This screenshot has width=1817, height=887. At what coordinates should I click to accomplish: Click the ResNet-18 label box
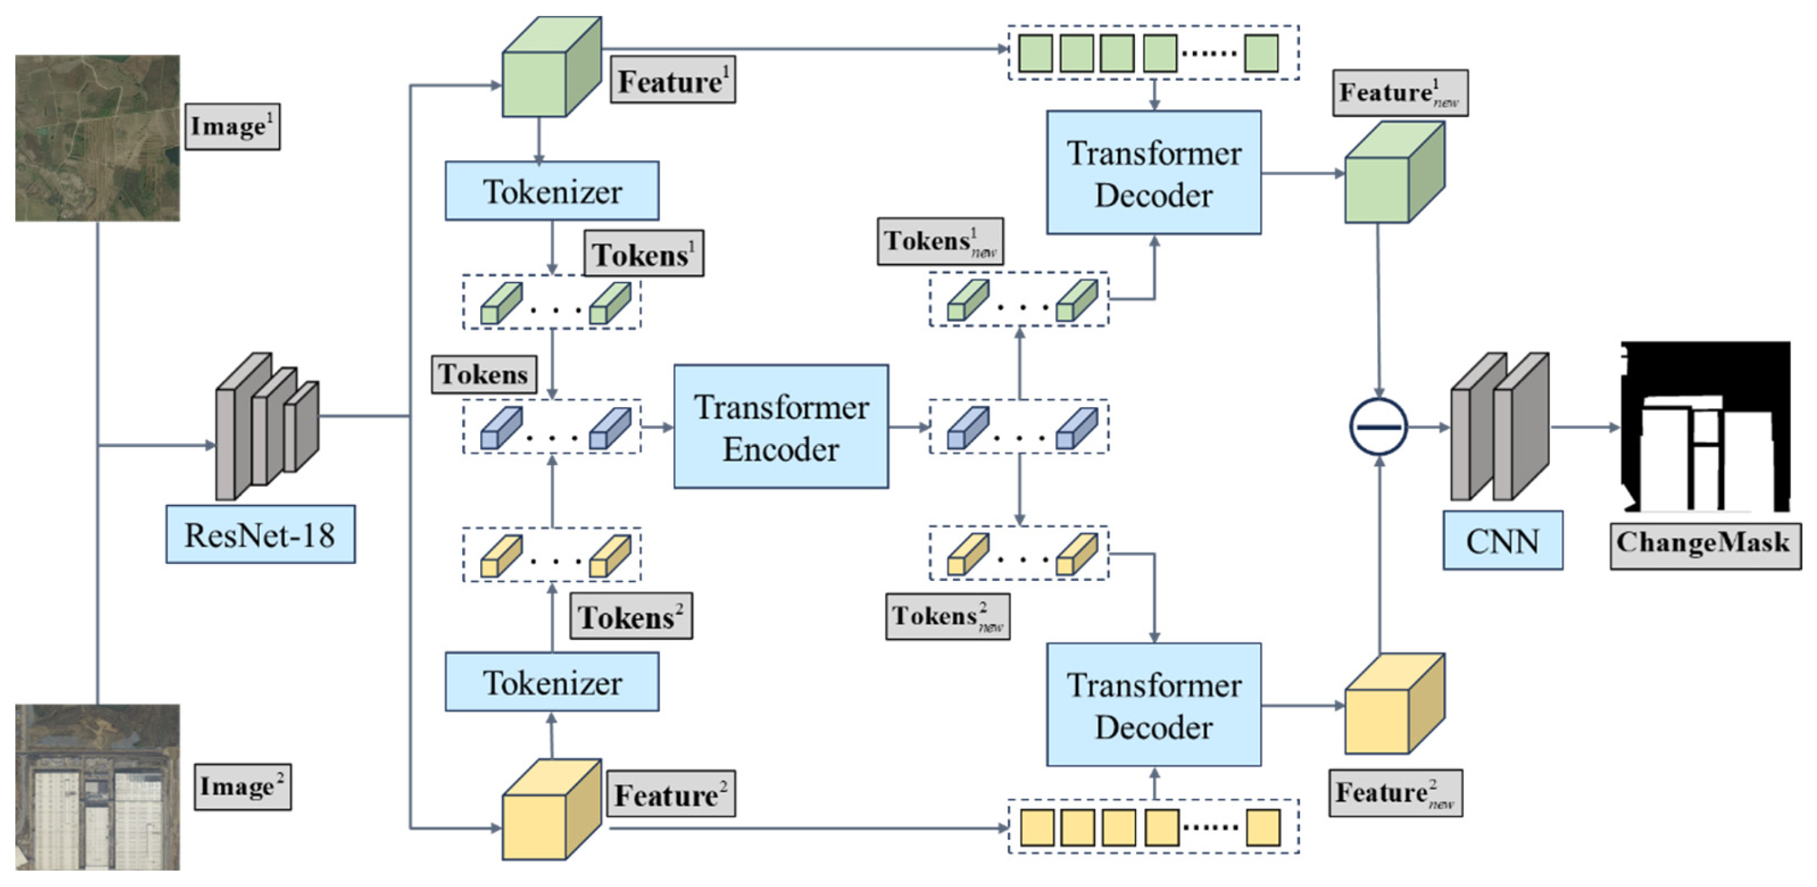(x=260, y=534)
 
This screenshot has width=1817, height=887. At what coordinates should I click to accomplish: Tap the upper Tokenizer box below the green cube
(x=552, y=191)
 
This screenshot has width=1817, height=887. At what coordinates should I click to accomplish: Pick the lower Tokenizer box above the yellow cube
(x=552, y=682)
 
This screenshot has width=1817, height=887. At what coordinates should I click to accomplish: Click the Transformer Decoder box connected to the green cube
(x=1153, y=173)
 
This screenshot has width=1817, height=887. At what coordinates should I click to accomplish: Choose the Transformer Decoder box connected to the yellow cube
(x=1153, y=705)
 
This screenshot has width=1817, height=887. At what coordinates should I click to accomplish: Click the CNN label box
(x=1502, y=541)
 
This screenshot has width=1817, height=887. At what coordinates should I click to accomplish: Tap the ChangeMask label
(x=1704, y=543)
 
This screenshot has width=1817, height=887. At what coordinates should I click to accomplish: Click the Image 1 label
(x=232, y=126)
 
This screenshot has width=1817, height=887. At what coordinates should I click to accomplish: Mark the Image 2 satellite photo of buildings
(x=97, y=787)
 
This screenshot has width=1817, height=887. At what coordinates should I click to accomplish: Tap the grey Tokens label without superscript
(x=483, y=374)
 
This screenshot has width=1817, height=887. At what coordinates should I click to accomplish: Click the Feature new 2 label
(x=1395, y=794)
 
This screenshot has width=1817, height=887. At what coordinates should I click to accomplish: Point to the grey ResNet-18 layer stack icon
(x=266, y=426)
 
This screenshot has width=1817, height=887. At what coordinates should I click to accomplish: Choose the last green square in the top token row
(x=1261, y=54)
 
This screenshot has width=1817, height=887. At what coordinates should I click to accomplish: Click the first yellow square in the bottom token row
(x=1037, y=827)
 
